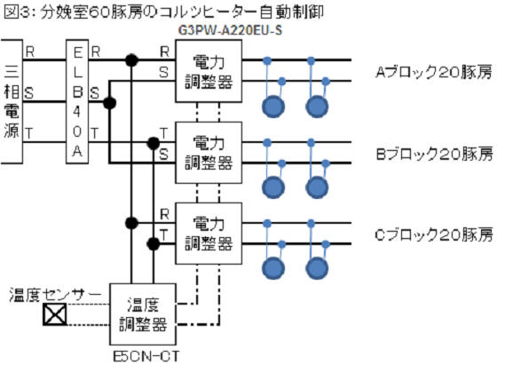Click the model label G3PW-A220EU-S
coord(230,30)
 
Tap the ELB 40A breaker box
coord(77,102)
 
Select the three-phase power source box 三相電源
coord(12,102)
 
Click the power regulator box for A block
coord(209,71)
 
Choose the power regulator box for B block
coord(209,153)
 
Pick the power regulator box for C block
coord(209,234)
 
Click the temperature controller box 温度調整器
coord(143,314)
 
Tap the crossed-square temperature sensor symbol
coord(55,314)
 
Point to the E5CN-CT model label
coord(146,357)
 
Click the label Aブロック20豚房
coord(433,72)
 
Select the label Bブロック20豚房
coord(434,154)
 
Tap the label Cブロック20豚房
coord(434,234)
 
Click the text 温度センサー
coord(55,295)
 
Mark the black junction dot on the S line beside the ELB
coord(109,103)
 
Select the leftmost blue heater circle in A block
coord(273,107)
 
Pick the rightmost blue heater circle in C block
coord(317,268)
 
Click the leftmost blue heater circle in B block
coord(273,187)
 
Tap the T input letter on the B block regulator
coord(164,133)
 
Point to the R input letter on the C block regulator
coord(164,214)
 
